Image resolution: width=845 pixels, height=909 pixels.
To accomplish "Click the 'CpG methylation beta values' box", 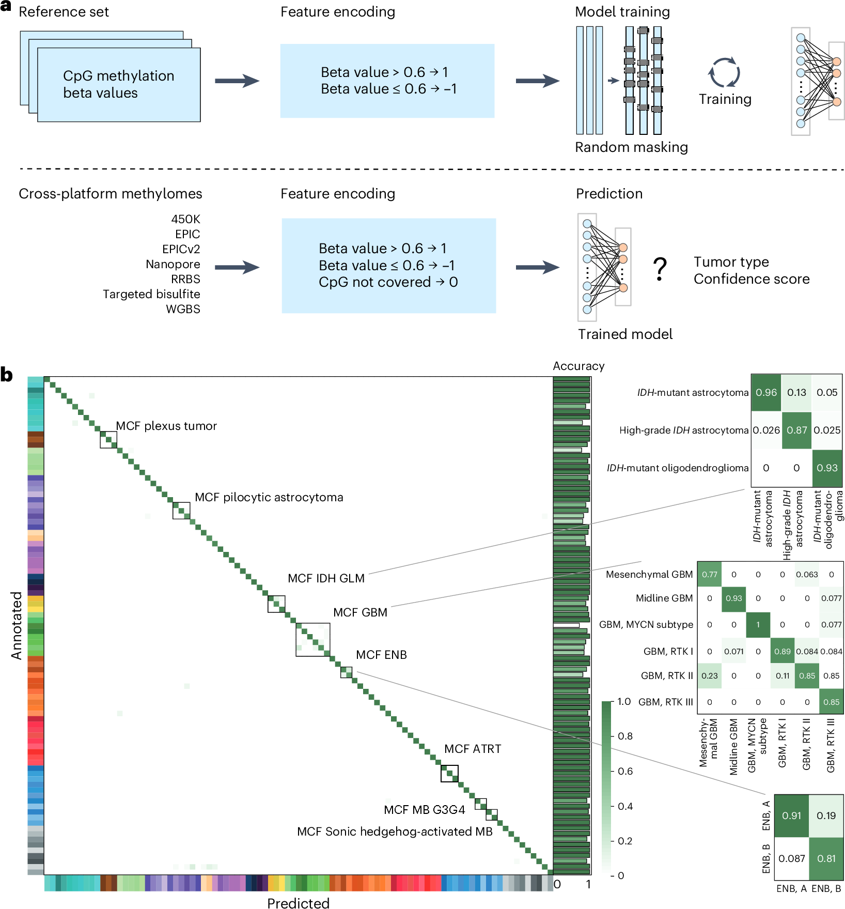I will pos(119,84).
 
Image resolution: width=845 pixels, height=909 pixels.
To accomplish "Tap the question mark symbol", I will pos(660,269).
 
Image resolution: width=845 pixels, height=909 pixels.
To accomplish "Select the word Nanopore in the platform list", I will pos(173,264).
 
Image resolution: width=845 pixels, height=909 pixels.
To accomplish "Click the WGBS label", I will pos(183,309).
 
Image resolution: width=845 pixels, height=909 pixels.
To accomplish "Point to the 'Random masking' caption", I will pos(631,147).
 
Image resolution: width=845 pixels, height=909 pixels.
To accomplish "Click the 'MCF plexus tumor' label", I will pos(166,426).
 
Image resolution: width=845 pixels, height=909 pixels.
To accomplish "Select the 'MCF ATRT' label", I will pos(473,749).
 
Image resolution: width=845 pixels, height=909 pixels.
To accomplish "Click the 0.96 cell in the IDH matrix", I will pos(766,392).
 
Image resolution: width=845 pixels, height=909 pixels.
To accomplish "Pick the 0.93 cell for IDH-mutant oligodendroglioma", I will pos(827,468).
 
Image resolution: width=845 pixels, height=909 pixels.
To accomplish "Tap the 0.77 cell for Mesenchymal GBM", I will pos(709,574).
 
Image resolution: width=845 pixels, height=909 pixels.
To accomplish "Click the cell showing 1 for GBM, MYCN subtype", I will pos(758,624).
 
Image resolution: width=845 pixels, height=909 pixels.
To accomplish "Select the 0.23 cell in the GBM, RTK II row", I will pos(709,675).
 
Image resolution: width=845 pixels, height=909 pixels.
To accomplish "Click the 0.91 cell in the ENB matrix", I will pos(791,815).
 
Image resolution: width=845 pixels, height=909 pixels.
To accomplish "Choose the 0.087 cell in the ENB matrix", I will pos(791,858).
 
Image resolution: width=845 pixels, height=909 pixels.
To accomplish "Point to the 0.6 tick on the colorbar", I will pos(625,771).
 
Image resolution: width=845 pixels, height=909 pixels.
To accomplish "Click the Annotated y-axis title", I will pos(17,625).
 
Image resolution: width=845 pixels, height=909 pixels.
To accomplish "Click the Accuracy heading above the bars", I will pos(578,366).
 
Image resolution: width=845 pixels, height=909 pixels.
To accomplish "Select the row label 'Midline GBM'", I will pos(664,598).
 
